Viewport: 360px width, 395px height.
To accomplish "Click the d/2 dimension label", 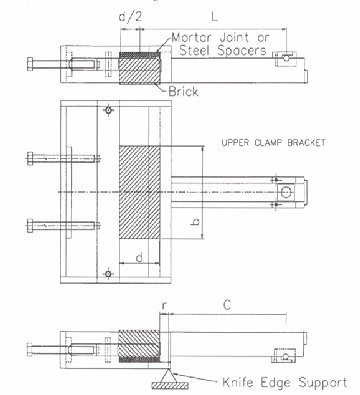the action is click(130, 17).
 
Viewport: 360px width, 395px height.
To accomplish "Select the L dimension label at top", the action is click(214, 16).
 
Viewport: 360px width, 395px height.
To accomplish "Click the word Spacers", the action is click(242, 50).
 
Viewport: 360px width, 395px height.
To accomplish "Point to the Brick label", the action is click(183, 91).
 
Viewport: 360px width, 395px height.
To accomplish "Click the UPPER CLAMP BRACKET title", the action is click(273, 143).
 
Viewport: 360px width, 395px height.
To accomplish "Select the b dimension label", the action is click(196, 221).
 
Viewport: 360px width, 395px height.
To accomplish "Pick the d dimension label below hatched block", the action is click(139, 257).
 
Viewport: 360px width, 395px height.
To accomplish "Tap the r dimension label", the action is click(164, 305).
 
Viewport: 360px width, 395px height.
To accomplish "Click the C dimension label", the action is click(227, 305).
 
